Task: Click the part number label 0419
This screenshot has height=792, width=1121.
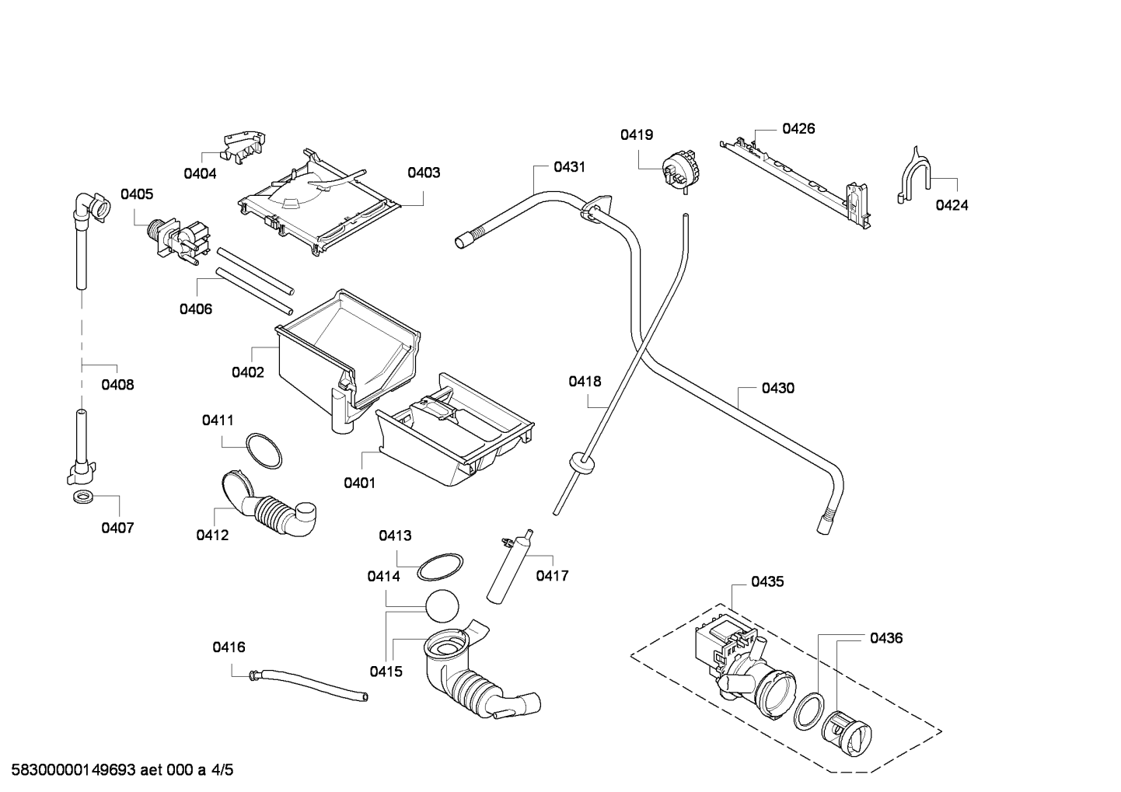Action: [x=637, y=134]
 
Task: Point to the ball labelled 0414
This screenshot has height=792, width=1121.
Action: [x=442, y=606]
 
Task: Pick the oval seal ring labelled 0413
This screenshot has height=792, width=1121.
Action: [x=440, y=567]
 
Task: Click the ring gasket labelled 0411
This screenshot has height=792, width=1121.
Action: [x=264, y=451]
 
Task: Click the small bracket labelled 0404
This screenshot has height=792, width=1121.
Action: [x=244, y=148]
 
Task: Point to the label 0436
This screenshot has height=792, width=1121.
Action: [x=886, y=638]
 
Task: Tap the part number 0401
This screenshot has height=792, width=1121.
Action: [x=359, y=483]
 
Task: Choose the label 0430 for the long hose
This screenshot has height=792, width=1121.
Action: [x=778, y=388]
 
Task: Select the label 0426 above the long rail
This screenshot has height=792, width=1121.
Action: [x=798, y=128]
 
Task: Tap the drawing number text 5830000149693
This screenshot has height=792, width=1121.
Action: [x=73, y=769]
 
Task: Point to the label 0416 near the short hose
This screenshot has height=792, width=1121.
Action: [x=229, y=647]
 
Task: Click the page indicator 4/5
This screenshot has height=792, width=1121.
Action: [x=222, y=769]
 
